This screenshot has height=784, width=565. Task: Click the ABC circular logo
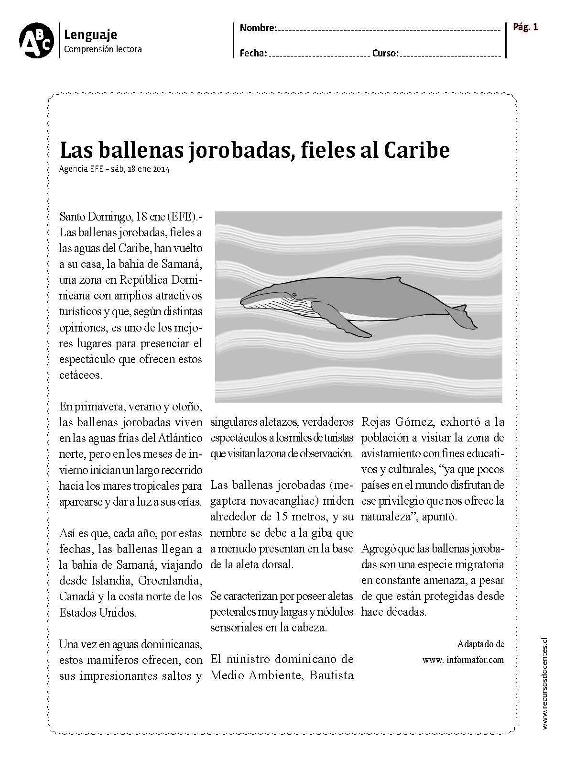coord(36,41)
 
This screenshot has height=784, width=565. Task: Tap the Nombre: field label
coord(258,28)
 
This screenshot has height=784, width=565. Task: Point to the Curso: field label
coord(385,54)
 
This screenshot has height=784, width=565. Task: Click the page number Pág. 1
coord(525,27)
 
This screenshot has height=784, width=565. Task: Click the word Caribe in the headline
coord(416,151)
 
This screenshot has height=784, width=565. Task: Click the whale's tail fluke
coord(459,317)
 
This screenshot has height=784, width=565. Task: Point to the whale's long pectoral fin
coord(339,320)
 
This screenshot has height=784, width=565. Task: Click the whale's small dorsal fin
coord(400,279)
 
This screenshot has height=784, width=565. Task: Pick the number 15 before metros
coord(282,517)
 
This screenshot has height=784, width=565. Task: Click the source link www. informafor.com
coord(463,660)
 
